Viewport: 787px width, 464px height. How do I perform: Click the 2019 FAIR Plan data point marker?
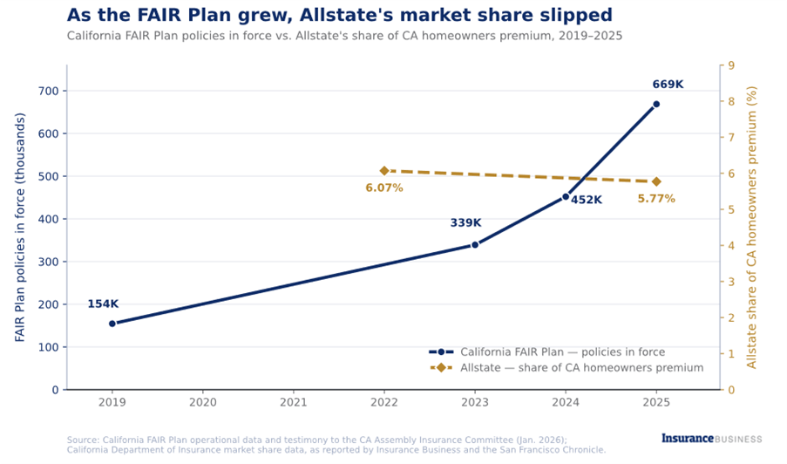pyautogui.click(x=112, y=324)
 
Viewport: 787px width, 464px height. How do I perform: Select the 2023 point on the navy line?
pyautogui.click(x=475, y=244)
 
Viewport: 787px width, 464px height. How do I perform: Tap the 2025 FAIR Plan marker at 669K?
pyautogui.click(x=656, y=104)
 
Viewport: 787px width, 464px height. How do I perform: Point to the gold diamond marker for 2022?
pyautogui.click(x=384, y=171)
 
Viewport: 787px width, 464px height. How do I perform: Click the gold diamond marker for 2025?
pyautogui.click(x=656, y=181)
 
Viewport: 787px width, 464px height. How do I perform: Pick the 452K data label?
pyautogui.click(x=587, y=200)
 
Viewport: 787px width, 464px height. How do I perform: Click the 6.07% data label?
pyautogui.click(x=384, y=188)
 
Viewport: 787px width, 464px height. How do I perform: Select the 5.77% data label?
pyautogui.click(x=656, y=199)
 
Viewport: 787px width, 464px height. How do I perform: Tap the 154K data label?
pyautogui.click(x=103, y=304)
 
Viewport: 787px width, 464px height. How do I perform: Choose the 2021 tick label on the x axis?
pyautogui.click(x=293, y=402)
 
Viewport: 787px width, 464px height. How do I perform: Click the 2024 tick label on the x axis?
pyautogui.click(x=566, y=402)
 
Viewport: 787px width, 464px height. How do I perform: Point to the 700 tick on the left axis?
pyautogui.click(x=49, y=91)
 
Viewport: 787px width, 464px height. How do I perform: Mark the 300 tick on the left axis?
pyautogui.click(x=49, y=262)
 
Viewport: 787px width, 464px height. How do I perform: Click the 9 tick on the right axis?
pyautogui.click(x=731, y=65)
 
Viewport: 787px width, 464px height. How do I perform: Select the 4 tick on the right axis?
pyautogui.click(x=731, y=246)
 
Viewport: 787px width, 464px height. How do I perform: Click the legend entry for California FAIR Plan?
pyautogui.click(x=547, y=352)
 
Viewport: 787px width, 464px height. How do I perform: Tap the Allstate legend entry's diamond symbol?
pyautogui.click(x=441, y=367)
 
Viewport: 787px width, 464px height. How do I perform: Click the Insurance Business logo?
pyautogui.click(x=711, y=439)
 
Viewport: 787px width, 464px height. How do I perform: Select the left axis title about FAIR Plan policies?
pyautogui.click(x=19, y=227)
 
